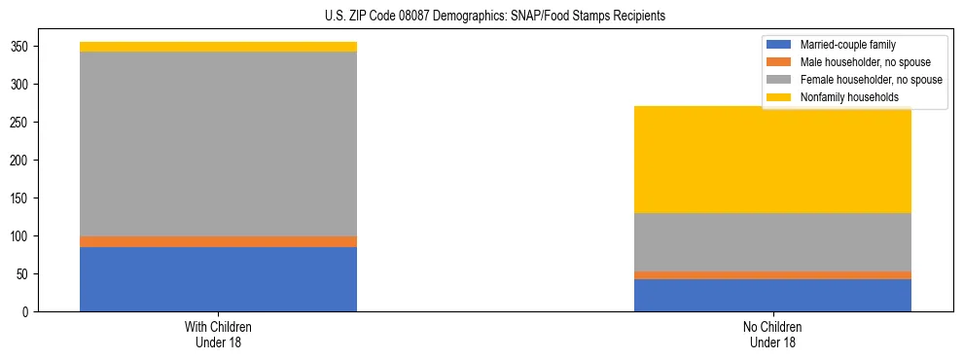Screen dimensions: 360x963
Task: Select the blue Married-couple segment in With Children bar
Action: click(218, 279)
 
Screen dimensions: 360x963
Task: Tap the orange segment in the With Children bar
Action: click(218, 241)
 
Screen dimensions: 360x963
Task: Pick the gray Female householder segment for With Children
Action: click(218, 144)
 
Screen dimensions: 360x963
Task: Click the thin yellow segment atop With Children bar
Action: click(218, 47)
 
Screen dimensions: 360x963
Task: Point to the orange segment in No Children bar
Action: click(772, 275)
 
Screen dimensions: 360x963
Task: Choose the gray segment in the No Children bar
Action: click(772, 242)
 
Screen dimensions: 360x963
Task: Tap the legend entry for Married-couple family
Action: click(847, 45)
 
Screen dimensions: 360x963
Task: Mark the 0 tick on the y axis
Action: click(28, 312)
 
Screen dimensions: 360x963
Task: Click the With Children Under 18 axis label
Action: click(218, 335)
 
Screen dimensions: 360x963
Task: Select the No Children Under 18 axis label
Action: click(772, 335)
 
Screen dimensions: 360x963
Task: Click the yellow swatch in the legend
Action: click(779, 97)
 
